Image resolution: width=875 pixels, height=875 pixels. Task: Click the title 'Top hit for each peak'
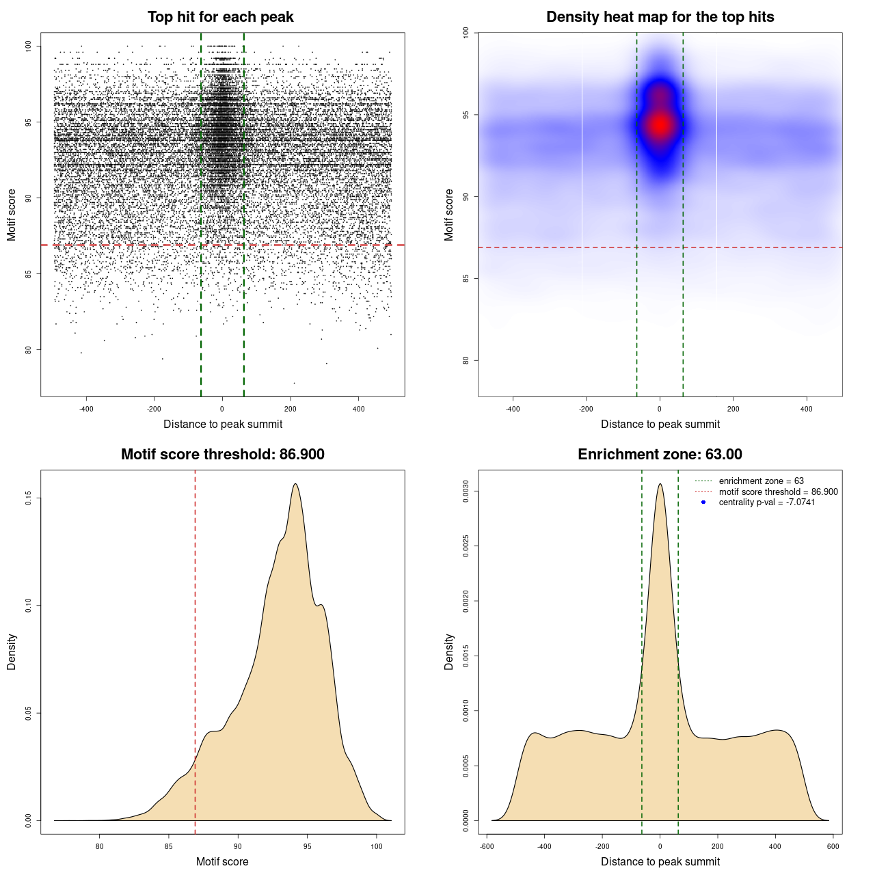click(x=220, y=17)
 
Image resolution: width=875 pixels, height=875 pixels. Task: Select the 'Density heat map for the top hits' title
click(x=660, y=17)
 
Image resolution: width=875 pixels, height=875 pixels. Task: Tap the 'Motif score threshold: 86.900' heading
click(x=222, y=455)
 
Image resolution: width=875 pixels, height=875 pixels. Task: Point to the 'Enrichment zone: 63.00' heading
click(x=660, y=455)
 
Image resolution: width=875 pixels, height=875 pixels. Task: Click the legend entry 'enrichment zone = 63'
click(x=761, y=481)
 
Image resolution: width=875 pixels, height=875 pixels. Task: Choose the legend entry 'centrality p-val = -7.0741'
click(x=766, y=502)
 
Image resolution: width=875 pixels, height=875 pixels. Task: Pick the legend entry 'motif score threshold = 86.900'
click(x=778, y=492)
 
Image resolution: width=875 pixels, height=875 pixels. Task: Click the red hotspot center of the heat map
click(x=660, y=125)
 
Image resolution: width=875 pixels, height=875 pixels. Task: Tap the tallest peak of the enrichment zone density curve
click(x=660, y=484)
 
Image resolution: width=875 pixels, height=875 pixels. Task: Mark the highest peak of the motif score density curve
click(x=295, y=484)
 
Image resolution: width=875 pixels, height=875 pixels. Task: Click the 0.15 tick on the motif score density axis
click(x=29, y=498)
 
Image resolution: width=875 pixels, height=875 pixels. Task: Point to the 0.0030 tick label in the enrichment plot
click(x=466, y=492)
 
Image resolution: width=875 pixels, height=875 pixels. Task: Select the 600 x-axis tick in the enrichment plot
click(x=833, y=846)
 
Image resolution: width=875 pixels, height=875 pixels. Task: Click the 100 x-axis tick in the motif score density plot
click(x=377, y=846)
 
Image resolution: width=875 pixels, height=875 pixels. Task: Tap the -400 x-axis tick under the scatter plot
click(x=86, y=409)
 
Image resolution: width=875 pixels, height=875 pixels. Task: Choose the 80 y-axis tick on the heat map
click(x=466, y=360)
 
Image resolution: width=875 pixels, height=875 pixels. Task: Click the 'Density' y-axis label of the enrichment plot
click(x=449, y=651)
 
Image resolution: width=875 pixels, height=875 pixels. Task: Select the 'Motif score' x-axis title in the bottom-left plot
click(x=222, y=861)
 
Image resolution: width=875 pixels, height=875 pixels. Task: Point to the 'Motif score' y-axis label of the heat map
click(x=449, y=215)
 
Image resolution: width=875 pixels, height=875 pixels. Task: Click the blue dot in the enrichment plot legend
click(x=703, y=502)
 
